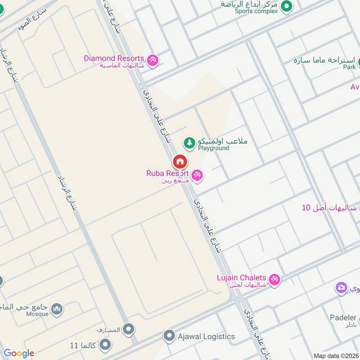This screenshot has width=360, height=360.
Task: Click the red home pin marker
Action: pyautogui.click(x=180, y=162)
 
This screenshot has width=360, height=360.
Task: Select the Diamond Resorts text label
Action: pyautogui.click(x=114, y=58)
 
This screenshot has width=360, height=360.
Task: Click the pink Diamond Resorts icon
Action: pyautogui.click(x=153, y=60)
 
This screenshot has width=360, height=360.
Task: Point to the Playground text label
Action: pyautogui.click(x=213, y=148)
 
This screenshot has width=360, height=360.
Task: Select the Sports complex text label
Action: pyautogui.click(x=256, y=11)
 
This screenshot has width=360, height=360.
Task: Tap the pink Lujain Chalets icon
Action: pyautogui.click(x=274, y=279)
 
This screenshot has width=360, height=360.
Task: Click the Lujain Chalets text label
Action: pyautogui.click(x=241, y=278)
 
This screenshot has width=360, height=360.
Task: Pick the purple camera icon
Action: pyautogui.click(x=341, y=287)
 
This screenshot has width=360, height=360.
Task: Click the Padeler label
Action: pyautogui.click(x=343, y=317)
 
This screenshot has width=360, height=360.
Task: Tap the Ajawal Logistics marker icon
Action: pyautogui.click(x=169, y=336)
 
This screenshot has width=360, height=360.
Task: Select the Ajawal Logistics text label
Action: pyautogui.click(x=206, y=336)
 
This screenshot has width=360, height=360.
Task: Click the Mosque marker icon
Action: pyautogui.click(x=57, y=309)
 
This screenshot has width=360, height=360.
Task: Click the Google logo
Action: pyautogui.click(x=19, y=353)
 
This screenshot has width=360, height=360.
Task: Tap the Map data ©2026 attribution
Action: pyautogui.click(x=335, y=355)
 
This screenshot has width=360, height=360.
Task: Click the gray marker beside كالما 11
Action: pyautogui.click(x=105, y=345)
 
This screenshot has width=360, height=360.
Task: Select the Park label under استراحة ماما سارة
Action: pyautogui.click(x=349, y=67)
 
